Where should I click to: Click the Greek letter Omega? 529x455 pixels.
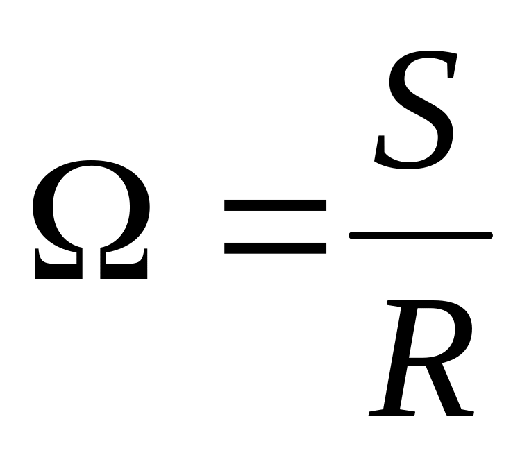(x=91, y=219)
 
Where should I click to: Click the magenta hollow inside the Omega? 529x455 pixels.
(x=91, y=208)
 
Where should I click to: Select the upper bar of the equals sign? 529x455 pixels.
(x=276, y=205)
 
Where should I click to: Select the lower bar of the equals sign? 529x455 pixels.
(x=276, y=246)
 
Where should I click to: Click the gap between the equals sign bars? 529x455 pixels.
(x=276, y=226)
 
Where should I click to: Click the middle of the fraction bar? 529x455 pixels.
(x=421, y=236)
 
